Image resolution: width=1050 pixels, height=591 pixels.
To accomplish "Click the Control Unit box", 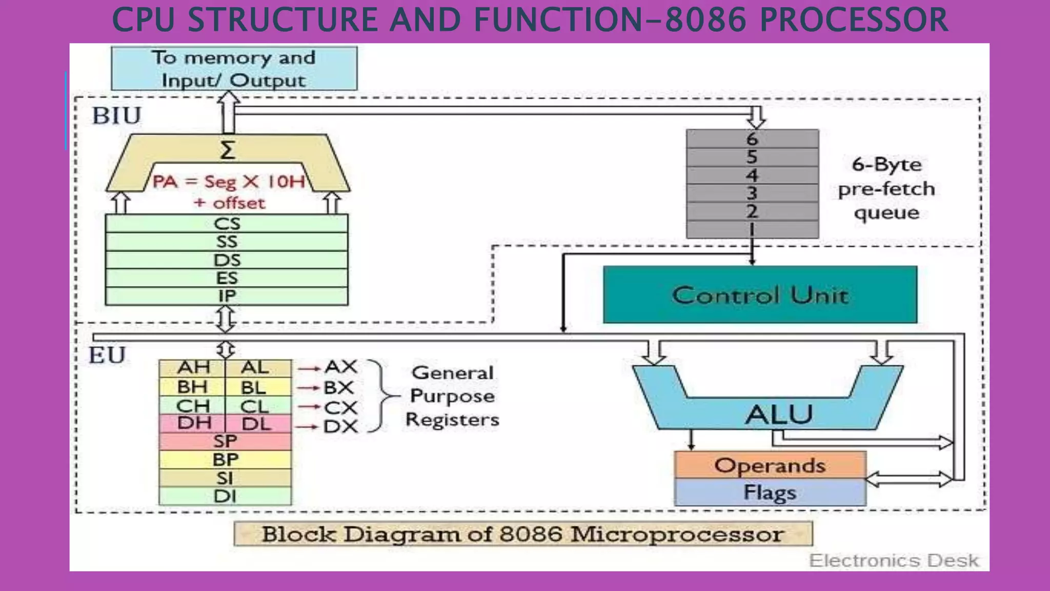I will [760, 295].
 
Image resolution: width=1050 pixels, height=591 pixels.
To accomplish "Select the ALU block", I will [778, 413].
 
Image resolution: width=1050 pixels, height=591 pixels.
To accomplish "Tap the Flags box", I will [770, 493].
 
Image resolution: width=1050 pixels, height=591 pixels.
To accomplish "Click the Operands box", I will [770, 465].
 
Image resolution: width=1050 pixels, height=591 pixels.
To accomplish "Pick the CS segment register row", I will [227, 224].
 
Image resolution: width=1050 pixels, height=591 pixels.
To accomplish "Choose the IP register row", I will [227, 296].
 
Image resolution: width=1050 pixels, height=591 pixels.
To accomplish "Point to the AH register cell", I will [193, 367].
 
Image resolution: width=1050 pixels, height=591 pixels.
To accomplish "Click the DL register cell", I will [256, 424].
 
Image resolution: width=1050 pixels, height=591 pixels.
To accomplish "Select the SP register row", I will [225, 441].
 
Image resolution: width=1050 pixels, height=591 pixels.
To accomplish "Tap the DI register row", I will [225, 496].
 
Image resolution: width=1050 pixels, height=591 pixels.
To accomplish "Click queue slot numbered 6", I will [752, 139].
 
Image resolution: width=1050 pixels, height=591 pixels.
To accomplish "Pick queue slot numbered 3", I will [752, 193].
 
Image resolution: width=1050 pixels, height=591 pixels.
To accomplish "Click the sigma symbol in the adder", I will [228, 150].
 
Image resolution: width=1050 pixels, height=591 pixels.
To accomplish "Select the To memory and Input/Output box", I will [234, 69].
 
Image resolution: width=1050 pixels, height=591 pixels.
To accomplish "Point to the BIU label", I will [116, 115].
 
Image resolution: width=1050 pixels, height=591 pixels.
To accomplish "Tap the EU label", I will [107, 355].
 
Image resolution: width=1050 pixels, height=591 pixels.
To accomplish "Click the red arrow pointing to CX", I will [309, 407].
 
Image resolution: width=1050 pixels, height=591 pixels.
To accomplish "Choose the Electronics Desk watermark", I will [894, 560].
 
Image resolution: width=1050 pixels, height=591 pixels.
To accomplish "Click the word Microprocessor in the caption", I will [677, 535].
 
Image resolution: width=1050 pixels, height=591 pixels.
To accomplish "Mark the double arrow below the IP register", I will [226, 319].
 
